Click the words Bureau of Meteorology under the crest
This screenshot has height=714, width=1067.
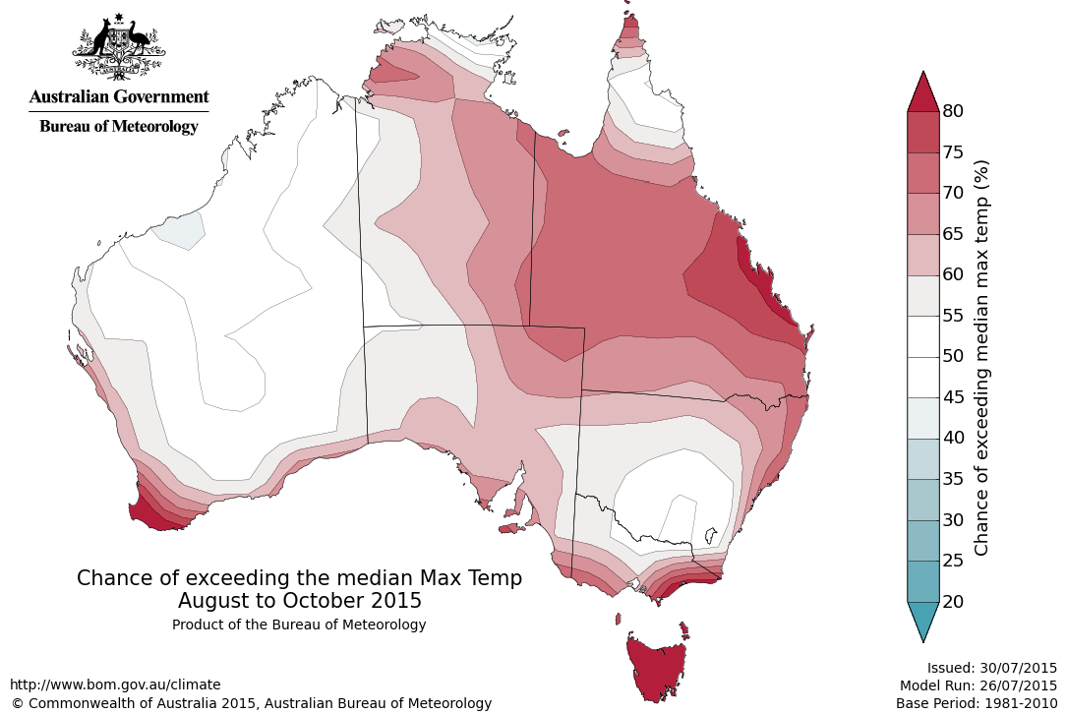pyautogui.click(x=119, y=126)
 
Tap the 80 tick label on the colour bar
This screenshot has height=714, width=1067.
pyautogui.click(x=952, y=111)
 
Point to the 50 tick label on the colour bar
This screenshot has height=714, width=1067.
pyautogui.click(x=952, y=356)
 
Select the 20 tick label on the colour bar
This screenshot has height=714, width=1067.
pyautogui.click(x=952, y=601)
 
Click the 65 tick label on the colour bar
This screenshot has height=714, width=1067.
pyautogui.click(x=952, y=234)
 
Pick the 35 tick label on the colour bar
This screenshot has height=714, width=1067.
pyautogui.click(x=952, y=479)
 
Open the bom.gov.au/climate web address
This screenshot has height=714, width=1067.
pyautogui.click(x=115, y=684)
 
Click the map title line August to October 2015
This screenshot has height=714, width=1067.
pyautogui.click(x=300, y=600)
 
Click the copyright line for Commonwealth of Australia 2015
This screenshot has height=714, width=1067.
pyautogui.click(x=251, y=703)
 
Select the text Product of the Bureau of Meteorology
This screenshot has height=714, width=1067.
pyautogui.click(x=299, y=625)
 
